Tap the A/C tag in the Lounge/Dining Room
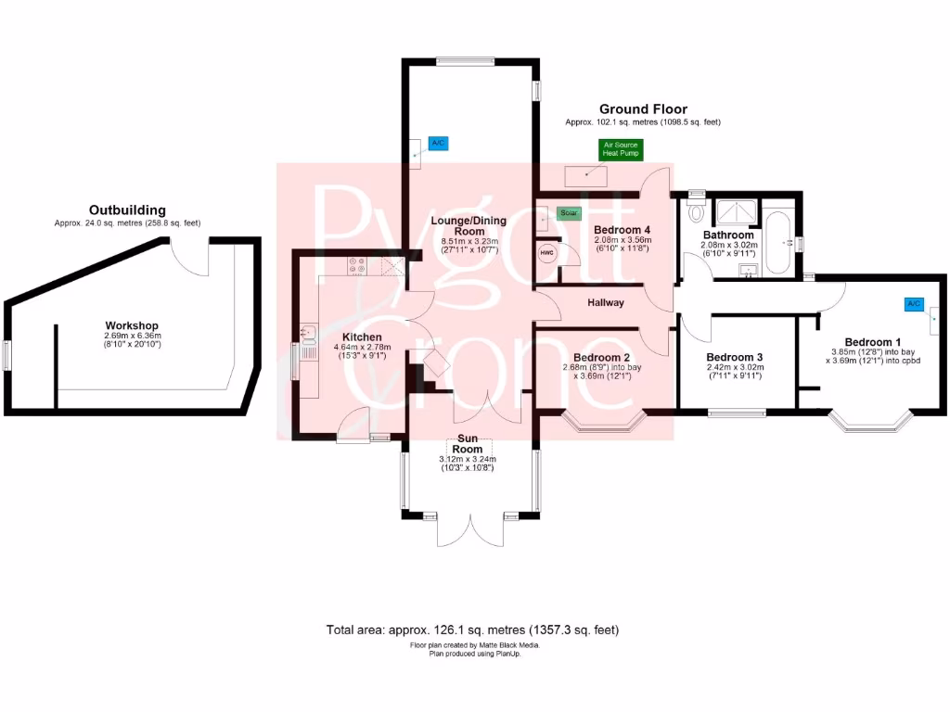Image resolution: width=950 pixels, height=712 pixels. [438, 144]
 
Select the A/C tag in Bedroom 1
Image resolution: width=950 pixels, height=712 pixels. [915, 303]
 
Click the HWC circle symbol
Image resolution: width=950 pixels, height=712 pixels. [546, 251]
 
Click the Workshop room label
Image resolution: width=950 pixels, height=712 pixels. [132, 325]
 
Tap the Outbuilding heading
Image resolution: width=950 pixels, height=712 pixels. [127, 210]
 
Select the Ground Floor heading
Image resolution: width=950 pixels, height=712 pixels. [642, 108]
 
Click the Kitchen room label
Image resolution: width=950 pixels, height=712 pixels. [362, 337]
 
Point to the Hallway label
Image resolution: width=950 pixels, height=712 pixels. [605, 302]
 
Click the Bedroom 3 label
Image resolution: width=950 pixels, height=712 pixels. [734, 358]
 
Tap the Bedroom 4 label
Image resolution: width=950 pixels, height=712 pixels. [623, 229]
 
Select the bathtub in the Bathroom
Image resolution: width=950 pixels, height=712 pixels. [778, 244]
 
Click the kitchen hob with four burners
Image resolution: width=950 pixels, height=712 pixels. [358, 267]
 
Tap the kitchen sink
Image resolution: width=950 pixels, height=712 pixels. [308, 331]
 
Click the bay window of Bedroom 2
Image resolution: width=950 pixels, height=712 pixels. [604, 426]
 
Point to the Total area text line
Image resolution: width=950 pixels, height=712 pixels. [472, 629]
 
